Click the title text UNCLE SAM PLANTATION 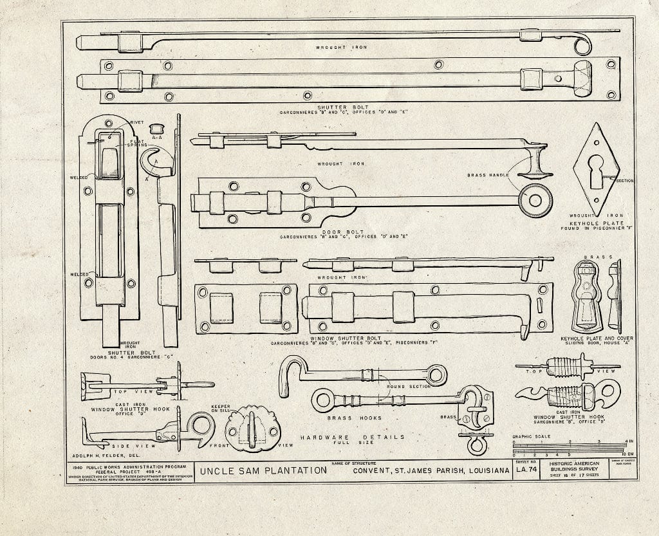(263, 470)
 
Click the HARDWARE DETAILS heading (353, 438)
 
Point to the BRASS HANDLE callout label (488, 175)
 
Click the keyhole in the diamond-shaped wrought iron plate (596, 165)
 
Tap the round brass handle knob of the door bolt (535, 199)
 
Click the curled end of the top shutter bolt (582, 44)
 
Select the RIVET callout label (136, 122)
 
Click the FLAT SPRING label (136, 142)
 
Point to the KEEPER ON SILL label (221, 409)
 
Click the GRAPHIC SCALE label (531, 436)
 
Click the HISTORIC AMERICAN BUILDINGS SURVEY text (574, 467)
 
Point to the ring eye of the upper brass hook (436, 374)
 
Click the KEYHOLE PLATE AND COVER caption (597, 338)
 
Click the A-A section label (156, 137)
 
